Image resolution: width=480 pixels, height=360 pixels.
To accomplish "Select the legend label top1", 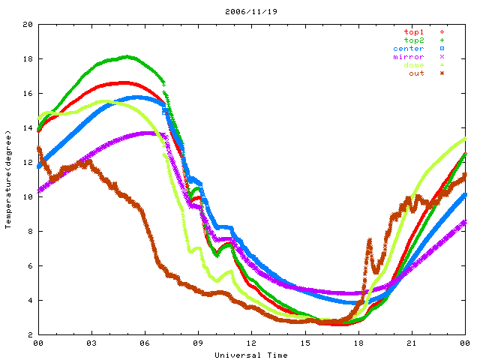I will [x=413, y=31].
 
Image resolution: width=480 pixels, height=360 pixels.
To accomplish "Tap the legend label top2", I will [x=413, y=40].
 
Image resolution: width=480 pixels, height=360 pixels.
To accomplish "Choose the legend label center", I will [x=408, y=48].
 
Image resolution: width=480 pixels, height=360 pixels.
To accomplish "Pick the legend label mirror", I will [x=408, y=56].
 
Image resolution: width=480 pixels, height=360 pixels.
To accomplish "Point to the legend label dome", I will [x=413, y=64].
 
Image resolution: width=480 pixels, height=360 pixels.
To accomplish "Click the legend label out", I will [x=416, y=73].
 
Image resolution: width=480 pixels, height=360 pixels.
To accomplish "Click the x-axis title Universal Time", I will [x=250, y=355].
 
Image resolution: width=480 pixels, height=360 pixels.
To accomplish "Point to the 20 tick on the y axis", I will [x=27, y=25].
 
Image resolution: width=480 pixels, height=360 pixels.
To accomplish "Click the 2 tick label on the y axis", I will [x=29, y=335].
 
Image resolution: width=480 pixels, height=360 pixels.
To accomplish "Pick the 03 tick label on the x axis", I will [x=91, y=344].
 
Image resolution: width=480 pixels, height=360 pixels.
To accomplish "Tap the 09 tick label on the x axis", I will [x=198, y=344].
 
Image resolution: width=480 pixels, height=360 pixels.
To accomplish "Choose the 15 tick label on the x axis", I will [x=305, y=344].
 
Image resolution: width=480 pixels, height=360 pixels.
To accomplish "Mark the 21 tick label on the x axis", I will [x=412, y=344].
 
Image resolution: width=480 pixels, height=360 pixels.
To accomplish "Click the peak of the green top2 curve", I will [x=127, y=56].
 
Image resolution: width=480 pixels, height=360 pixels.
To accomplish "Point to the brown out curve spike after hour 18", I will [x=369, y=241].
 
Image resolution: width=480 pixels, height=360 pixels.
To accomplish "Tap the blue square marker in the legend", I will [x=442, y=48].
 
